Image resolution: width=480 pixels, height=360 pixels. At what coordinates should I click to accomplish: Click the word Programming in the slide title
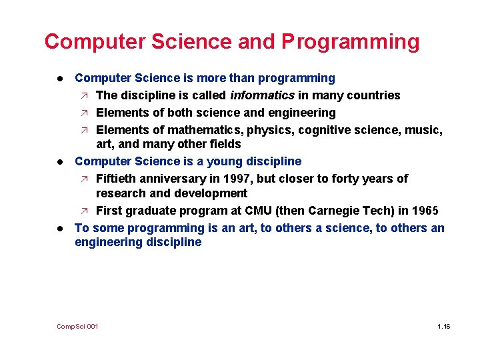coord(351,42)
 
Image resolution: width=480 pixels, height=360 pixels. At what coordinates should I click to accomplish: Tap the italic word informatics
coord(263,95)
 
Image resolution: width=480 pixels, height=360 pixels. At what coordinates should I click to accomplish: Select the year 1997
coord(224,179)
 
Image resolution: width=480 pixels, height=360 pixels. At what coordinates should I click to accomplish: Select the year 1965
coord(425,211)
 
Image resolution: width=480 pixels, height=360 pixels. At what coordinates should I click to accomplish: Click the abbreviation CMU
coord(259,211)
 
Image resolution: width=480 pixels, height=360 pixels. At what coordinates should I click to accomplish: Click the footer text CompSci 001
coord(77,326)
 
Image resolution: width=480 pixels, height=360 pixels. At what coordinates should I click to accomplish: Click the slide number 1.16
coord(444,326)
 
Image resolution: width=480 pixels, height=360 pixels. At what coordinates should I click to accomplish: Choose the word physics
coord(269,129)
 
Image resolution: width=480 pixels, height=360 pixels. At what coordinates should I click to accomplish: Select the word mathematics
coord(204,129)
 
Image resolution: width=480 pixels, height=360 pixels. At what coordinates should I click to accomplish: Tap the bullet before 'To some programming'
coord(60,228)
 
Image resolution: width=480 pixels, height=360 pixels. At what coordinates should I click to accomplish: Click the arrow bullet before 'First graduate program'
coord(84,211)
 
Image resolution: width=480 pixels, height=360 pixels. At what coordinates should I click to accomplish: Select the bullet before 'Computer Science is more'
coord(60,79)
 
